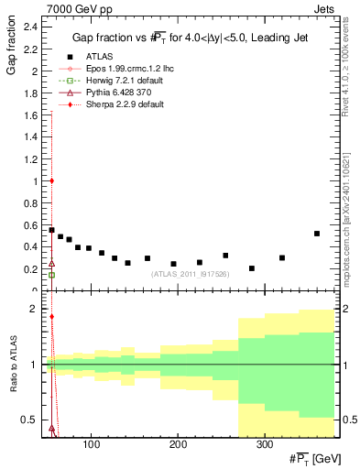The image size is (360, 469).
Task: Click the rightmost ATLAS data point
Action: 316,234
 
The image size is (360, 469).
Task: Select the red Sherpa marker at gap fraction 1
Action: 51,180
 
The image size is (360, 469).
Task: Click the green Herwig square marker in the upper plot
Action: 51,275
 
